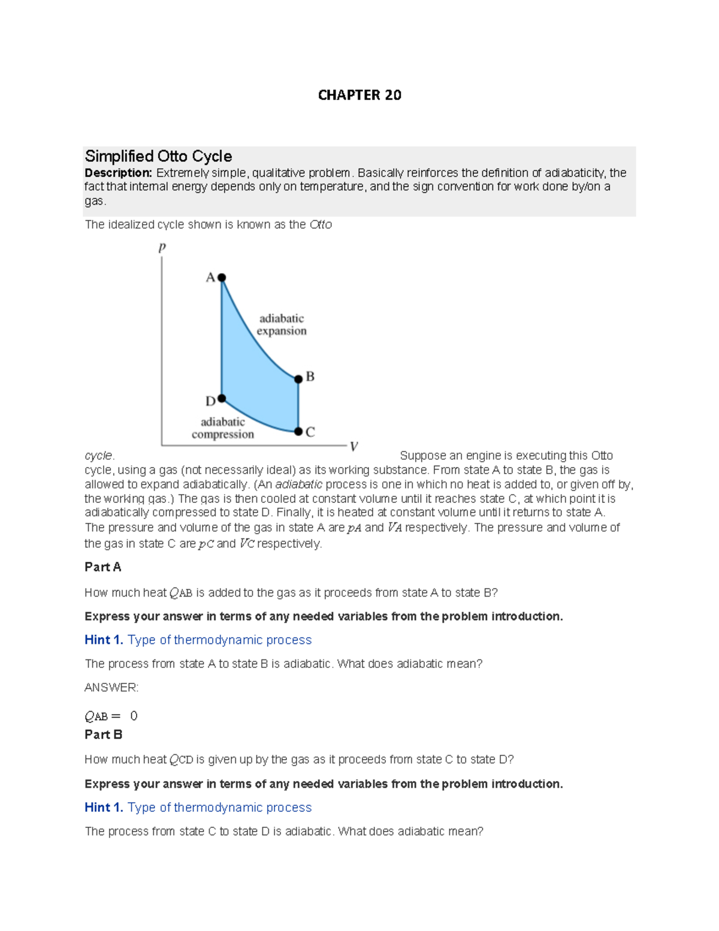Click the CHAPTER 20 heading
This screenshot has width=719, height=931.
point(359,95)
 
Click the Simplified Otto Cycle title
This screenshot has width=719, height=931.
point(158,156)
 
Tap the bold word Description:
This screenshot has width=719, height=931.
point(119,173)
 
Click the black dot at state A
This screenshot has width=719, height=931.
point(222,278)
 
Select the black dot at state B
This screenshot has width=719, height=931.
point(298,379)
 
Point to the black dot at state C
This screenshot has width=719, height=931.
point(298,432)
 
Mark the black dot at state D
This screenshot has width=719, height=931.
point(222,398)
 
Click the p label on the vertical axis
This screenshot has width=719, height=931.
point(162,248)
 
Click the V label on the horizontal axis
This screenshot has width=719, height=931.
point(354,447)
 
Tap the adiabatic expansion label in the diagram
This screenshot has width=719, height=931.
point(282,324)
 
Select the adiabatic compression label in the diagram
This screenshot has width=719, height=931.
point(223,428)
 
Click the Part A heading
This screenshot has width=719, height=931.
point(103,567)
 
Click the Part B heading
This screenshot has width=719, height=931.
point(104,734)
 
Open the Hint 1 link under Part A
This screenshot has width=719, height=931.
point(198,640)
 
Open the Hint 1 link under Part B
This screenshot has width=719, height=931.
point(198,808)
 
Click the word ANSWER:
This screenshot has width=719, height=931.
point(111,688)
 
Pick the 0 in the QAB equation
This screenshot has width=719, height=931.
point(134,716)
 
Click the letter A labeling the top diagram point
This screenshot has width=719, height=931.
point(210,278)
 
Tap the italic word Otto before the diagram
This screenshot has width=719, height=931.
point(321,225)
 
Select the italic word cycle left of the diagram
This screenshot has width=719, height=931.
point(98,456)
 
